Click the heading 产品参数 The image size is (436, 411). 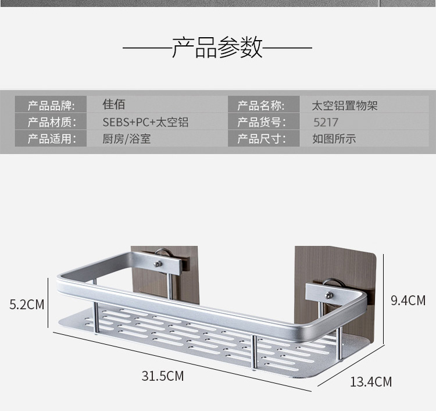click(217, 47)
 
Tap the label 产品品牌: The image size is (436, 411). click(51, 106)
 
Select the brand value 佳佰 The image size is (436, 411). click(114, 105)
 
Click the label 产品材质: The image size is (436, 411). click(51, 122)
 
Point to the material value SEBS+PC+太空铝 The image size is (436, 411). click(145, 122)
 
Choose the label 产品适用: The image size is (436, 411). click(51, 139)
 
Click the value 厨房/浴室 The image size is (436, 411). click(126, 139)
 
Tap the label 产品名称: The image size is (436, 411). click(261, 106)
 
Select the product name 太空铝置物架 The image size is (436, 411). click(345, 106)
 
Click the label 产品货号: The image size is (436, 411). click(261, 122)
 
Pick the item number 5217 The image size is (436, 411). click(325, 123)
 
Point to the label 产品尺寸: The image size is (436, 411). click(261, 139)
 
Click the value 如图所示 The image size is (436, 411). click(334, 139)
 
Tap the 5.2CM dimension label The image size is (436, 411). click(27, 304)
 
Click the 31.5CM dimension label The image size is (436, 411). click(162, 376)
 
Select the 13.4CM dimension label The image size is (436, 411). click(370, 382)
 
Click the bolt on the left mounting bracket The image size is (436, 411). click(158, 265)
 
